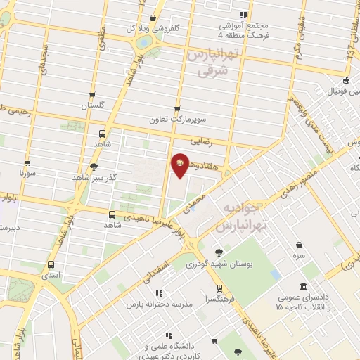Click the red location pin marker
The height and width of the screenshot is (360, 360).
tap(181, 165)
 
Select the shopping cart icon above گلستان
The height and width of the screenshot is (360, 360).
tap(92, 95)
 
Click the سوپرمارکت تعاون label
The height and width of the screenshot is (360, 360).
tap(176, 119)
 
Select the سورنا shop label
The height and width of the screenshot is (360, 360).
tap(27, 171)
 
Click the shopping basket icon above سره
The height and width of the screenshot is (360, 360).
tap(301, 245)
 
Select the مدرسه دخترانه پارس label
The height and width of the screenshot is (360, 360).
tap(159, 304)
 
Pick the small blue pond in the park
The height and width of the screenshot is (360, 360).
tap(275, 273)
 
